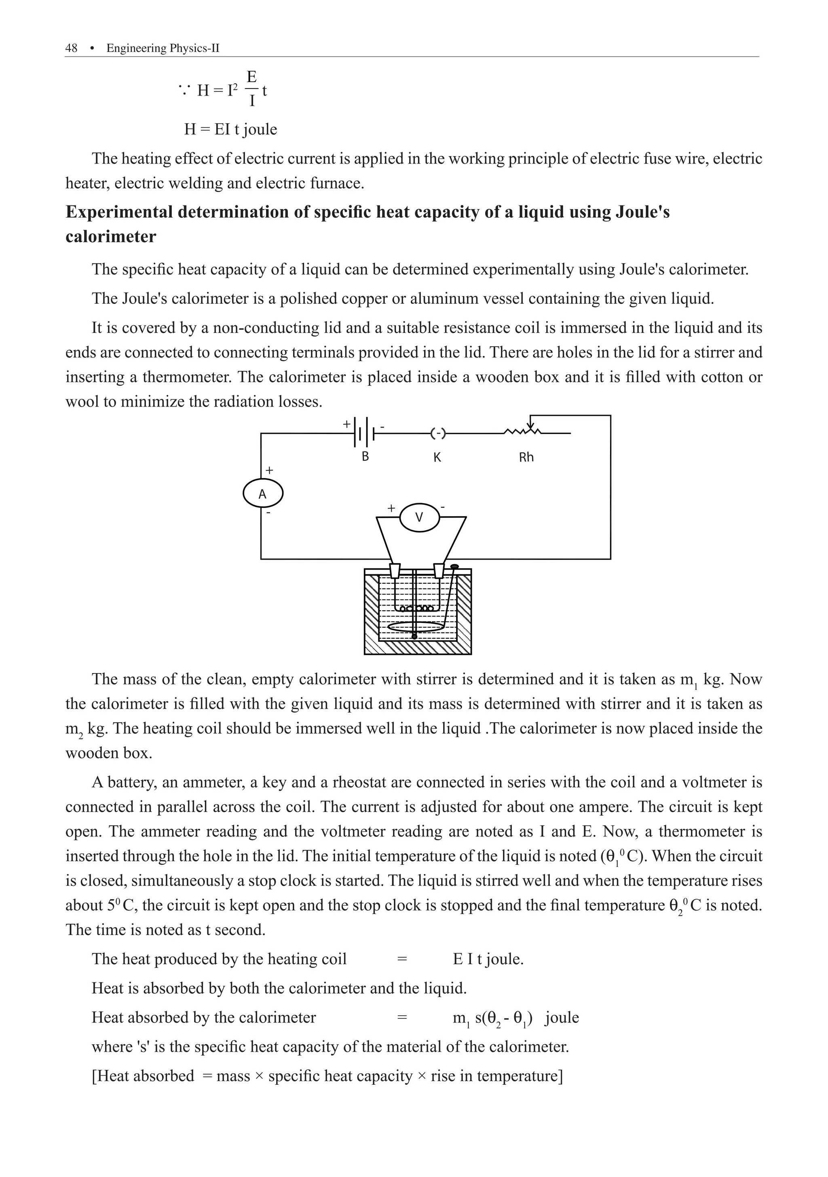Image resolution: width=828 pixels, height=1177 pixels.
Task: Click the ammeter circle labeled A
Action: (262, 494)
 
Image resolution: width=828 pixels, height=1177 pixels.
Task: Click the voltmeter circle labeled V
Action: (419, 518)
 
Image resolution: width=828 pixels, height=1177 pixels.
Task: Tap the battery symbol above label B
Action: (365, 434)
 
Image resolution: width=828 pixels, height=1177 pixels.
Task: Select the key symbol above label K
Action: (437, 434)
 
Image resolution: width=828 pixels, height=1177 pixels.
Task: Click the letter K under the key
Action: (437, 457)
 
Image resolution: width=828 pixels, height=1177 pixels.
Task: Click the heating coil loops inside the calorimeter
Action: (416, 608)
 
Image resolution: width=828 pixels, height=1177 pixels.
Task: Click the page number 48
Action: (71, 48)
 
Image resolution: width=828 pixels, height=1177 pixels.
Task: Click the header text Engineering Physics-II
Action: (163, 48)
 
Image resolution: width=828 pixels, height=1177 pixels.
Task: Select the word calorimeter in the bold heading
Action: (111, 237)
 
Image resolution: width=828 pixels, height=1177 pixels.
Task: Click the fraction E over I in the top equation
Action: (251, 88)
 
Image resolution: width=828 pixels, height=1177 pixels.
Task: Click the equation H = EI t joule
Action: (230, 129)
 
